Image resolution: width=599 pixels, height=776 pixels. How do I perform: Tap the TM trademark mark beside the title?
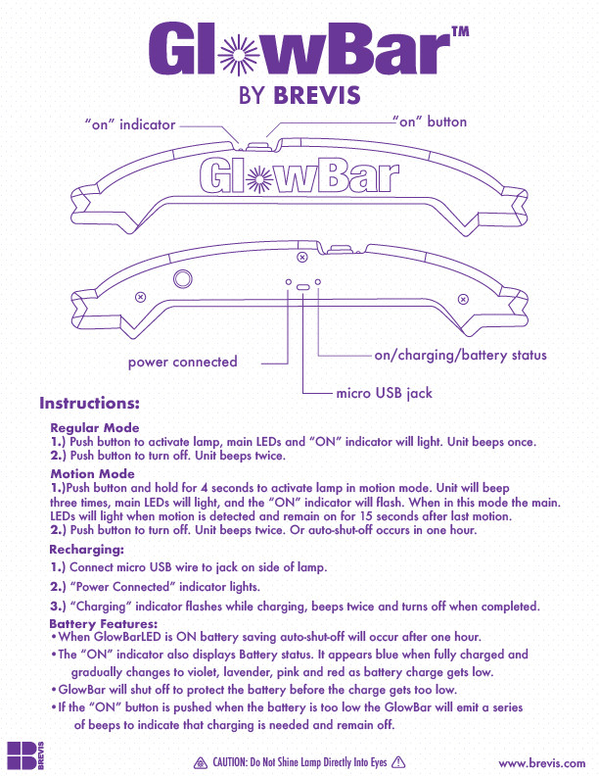pyautogui.click(x=460, y=31)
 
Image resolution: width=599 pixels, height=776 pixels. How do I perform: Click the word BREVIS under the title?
pyautogui.click(x=317, y=95)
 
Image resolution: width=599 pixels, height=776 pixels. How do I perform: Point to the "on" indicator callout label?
pyautogui.click(x=130, y=124)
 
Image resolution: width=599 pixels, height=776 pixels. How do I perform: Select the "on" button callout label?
pyautogui.click(x=429, y=121)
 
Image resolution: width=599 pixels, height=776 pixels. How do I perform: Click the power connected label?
pyautogui.click(x=182, y=362)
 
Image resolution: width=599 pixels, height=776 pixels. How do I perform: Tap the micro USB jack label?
pyautogui.click(x=384, y=393)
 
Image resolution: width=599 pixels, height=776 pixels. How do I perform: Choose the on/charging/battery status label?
pyautogui.click(x=460, y=356)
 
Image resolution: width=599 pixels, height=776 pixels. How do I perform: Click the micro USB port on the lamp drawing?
pyautogui.click(x=302, y=287)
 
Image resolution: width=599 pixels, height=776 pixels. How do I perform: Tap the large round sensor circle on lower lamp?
pyautogui.click(x=183, y=278)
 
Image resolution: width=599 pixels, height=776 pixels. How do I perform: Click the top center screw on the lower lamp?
pyautogui.click(x=302, y=257)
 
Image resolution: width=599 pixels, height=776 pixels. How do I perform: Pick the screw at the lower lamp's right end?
pyautogui.click(x=463, y=299)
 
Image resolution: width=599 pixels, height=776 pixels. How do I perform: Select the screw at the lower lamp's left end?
pyautogui.click(x=140, y=297)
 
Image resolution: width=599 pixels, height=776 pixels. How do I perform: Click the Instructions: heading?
pyautogui.click(x=89, y=404)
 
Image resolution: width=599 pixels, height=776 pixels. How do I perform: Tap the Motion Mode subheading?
pyautogui.click(x=92, y=473)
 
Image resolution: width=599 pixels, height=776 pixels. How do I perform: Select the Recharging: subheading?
pyautogui.click(x=86, y=550)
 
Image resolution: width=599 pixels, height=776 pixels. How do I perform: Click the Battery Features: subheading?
pyautogui.click(x=104, y=623)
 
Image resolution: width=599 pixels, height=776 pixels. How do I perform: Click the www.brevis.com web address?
pyautogui.click(x=541, y=763)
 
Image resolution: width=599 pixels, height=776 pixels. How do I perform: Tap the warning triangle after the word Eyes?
pyautogui.click(x=398, y=762)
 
